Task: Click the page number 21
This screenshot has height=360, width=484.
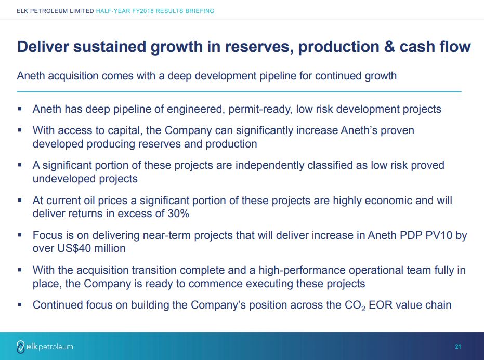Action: click(458, 346)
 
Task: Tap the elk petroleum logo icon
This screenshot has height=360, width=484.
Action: click(20, 346)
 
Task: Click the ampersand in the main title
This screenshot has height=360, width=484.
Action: click(389, 47)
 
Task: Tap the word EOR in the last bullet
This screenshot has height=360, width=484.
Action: click(381, 305)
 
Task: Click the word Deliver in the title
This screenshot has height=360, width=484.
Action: click(43, 47)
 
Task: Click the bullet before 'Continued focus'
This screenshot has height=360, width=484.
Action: click(20, 305)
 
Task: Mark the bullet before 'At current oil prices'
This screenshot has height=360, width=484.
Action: click(20, 200)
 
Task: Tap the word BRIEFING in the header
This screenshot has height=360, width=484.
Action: click(200, 11)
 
